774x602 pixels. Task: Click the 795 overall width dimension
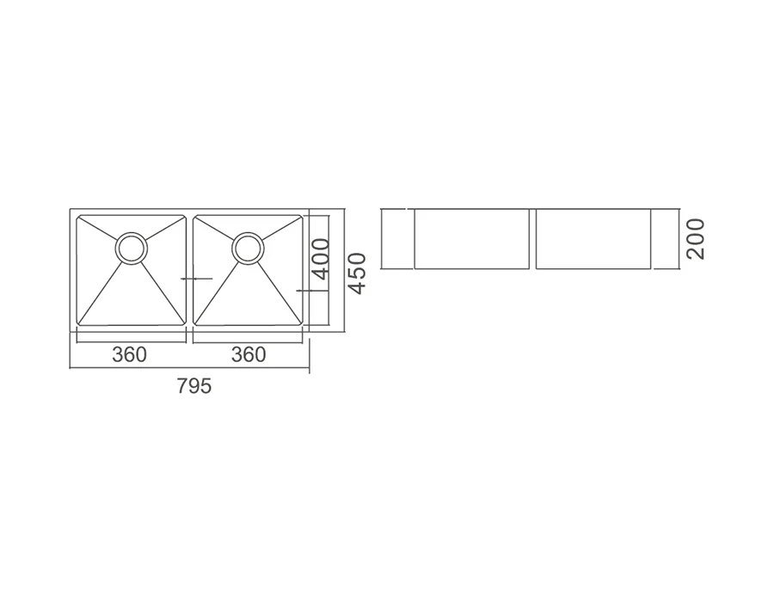click(194, 386)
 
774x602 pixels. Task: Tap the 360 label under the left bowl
click(129, 354)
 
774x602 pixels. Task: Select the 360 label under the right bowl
click(249, 354)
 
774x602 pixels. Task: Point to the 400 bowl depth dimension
click(321, 259)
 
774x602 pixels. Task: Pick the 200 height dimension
click(696, 239)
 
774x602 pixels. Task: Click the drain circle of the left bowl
click(132, 248)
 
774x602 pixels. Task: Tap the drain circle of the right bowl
click(249, 248)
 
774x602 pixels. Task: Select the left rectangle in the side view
click(471, 239)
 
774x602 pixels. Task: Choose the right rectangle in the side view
click(593, 239)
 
